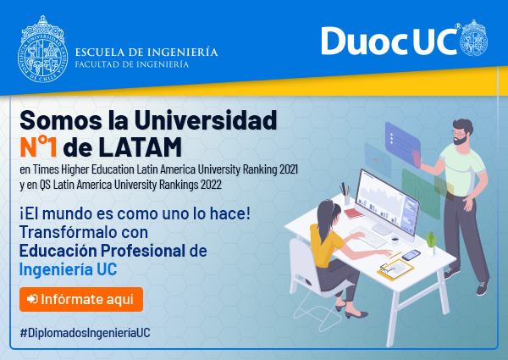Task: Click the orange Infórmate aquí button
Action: pyautogui.click(x=81, y=299)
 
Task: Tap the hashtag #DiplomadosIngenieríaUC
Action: pyautogui.click(x=85, y=333)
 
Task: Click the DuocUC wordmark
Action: pyautogui.click(x=389, y=41)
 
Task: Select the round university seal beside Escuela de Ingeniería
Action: pyautogui.click(x=42, y=49)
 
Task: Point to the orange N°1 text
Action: pyautogui.click(x=39, y=147)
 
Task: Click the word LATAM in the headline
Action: pyautogui.click(x=140, y=147)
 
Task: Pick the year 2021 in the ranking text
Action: pyautogui.click(x=289, y=169)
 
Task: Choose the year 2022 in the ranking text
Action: pyautogui.click(x=211, y=185)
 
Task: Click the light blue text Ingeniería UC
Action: pyautogui.click(x=68, y=269)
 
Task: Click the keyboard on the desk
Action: pyautogui.click(x=368, y=236)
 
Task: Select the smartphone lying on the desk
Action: pyautogui.click(x=411, y=255)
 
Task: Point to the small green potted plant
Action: pyautogui.click(x=431, y=243)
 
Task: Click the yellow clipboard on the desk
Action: pyautogui.click(x=395, y=269)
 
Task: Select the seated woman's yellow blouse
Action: pyautogui.click(x=326, y=246)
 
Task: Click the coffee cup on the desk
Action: pyautogui.click(x=395, y=241)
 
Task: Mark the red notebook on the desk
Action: pyautogui.click(x=353, y=213)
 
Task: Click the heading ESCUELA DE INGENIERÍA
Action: pyautogui.click(x=146, y=53)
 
